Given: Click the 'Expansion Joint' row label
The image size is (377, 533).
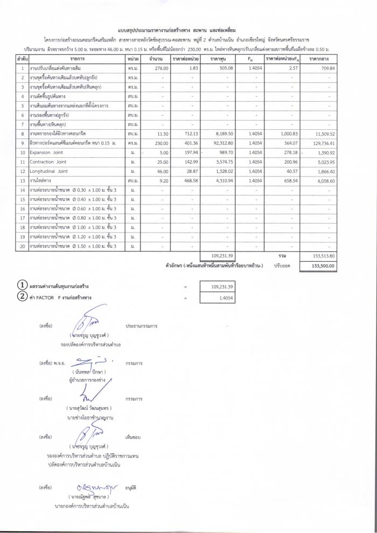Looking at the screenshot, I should click(44, 153).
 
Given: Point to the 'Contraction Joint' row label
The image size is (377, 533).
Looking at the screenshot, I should click(46, 162).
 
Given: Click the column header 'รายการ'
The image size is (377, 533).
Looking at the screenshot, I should click(78, 58).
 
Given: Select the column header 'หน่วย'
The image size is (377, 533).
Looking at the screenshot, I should click(134, 58).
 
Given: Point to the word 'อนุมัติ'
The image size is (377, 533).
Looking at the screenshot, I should click(132, 487).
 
